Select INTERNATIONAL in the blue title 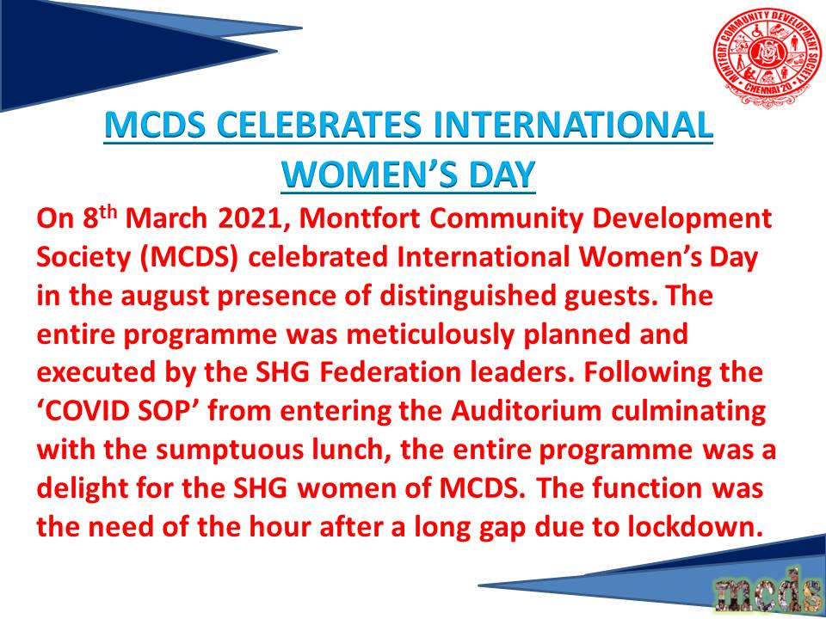(x=571, y=126)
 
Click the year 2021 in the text (x=250, y=219)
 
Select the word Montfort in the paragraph (x=360, y=219)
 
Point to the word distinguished (x=465, y=296)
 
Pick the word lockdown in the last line (x=700, y=526)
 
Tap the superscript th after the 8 (x=108, y=213)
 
